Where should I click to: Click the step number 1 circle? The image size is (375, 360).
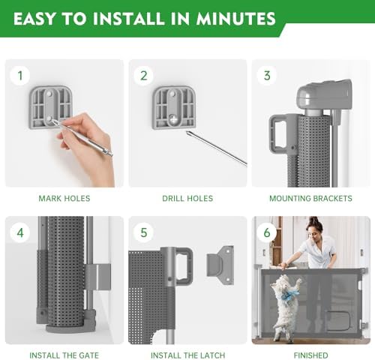pyautogui.click(x=20, y=75)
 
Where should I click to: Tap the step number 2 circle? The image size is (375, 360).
pyautogui.click(x=143, y=75)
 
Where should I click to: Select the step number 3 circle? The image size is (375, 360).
pyautogui.click(x=267, y=75)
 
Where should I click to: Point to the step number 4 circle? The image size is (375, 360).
pyautogui.click(x=20, y=232)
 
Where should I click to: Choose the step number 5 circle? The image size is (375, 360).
pyautogui.click(x=143, y=232)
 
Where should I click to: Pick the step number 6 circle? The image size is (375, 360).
pyautogui.click(x=267, y=232)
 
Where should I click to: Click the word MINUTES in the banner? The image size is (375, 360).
pyautogui.click(x=235, y=19)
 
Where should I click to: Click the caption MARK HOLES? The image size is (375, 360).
pyautogui.click(x=64, y=199)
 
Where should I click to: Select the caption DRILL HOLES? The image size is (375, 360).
pyautogui.click(x=187, y=199)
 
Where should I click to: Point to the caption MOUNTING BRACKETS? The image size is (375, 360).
pyautogui.click(x=310, y=199)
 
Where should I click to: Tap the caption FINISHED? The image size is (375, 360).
pyautogui.click(x=310, y=355)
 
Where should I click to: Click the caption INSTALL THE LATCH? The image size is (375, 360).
pyautogui.click(x=187, y=355)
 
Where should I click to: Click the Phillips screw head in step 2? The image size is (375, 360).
pyautogui.click(x=173, y=119)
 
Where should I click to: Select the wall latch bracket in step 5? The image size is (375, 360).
pyautogui.click(x=220, y=265)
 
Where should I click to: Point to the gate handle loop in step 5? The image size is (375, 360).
pyautogui.click(x=186, y=266)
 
